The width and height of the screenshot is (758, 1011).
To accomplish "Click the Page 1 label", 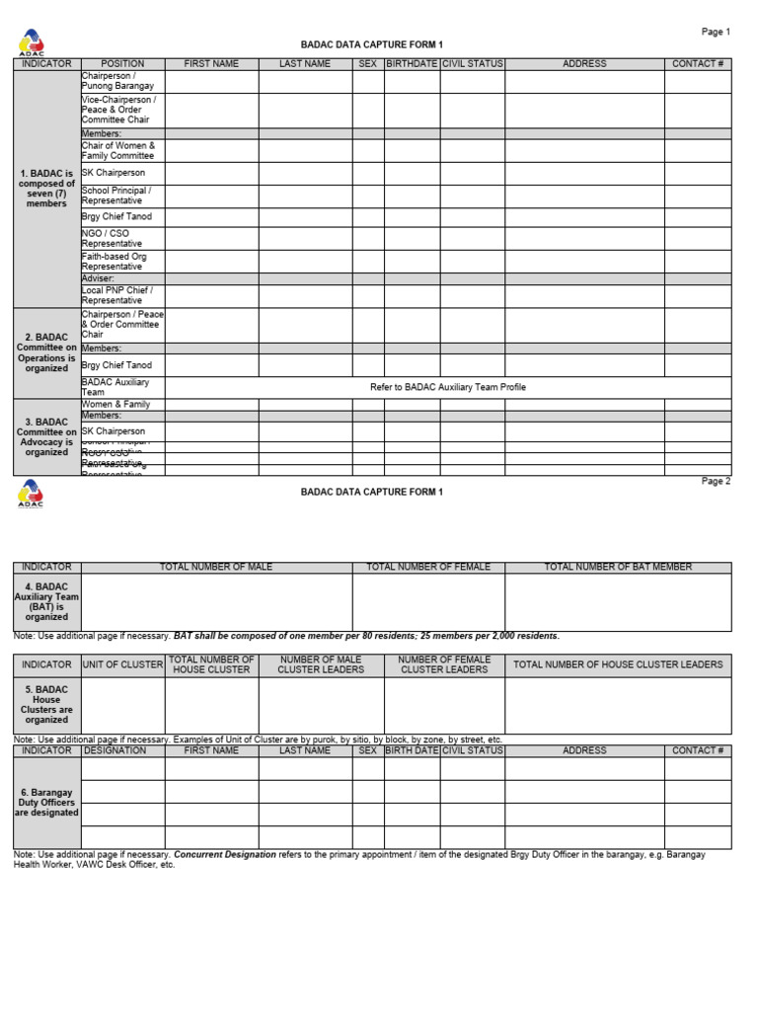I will [x=716, y=32].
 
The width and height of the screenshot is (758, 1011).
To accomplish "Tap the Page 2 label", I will [x=716, y=481].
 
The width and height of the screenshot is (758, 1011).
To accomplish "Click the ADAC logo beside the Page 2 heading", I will [x=31, y=493].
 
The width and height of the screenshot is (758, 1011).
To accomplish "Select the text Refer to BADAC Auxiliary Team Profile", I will [x=448, y=387].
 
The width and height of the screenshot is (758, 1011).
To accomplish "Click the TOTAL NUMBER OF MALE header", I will [x=216, y=568].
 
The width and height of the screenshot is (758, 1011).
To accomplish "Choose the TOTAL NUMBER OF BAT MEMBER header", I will [x=618, y=568].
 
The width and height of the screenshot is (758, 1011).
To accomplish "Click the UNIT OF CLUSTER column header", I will [x=122, y=664].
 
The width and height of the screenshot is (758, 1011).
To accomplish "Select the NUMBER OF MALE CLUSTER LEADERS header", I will [x=321, y=664].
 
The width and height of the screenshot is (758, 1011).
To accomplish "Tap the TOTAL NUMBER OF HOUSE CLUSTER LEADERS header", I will [x=618, y=664].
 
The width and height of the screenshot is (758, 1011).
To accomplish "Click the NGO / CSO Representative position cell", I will [x=122, y=238].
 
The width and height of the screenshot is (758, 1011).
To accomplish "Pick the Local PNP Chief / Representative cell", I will [x=122, y=296].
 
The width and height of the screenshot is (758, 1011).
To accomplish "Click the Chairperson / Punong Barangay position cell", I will [x=122, y=81].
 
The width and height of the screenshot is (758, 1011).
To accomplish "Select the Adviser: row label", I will [x=99, y=278].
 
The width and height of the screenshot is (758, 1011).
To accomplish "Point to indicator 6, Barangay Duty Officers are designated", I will [x=46, y=802].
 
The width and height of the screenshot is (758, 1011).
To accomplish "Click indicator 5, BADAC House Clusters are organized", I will [x=46, y=705].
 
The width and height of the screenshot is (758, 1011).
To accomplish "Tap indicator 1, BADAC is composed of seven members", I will [x=46, y=188].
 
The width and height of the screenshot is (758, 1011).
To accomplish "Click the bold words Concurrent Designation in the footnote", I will [x=226, y=854].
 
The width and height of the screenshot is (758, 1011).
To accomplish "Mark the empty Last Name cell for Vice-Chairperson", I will [x=305, y=110].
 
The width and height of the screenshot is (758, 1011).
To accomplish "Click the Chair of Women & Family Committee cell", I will [x=122, y=150].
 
